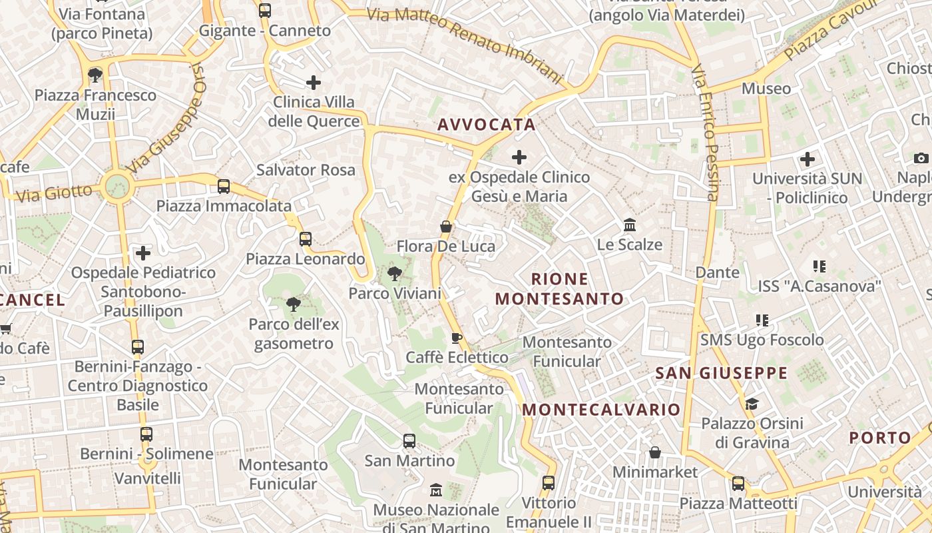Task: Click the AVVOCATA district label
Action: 487,125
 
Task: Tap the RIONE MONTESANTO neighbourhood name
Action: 560,288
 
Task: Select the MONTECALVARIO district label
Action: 602,409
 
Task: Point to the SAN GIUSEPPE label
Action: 722,373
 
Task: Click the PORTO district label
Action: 880,438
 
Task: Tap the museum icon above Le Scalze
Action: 629,225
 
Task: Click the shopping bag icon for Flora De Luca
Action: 446,227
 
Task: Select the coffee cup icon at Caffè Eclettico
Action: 456,338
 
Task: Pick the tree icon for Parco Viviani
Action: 395,272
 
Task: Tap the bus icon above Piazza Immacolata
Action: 224,187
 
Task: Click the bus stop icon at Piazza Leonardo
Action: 306,239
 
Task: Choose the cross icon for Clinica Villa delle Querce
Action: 314,83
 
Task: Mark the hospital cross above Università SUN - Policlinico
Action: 808,159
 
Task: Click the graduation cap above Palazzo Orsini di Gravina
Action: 752,404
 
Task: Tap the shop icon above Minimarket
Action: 655,452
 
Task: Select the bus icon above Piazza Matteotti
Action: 738,484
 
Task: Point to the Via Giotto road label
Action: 54,194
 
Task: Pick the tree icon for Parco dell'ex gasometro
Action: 293,305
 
